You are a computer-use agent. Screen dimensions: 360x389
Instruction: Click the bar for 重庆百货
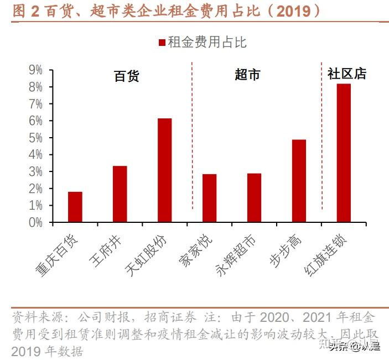point(75,207)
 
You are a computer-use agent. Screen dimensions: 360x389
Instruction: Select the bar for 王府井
point(120,194)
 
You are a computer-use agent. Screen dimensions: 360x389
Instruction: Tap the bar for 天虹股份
point(165,170)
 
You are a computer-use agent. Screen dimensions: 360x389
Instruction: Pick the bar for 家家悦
point(210,198)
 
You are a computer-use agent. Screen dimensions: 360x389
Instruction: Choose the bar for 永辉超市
point(254,197)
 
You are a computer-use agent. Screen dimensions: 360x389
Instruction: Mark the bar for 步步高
point(299,181)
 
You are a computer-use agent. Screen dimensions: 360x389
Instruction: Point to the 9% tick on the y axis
point(35,70)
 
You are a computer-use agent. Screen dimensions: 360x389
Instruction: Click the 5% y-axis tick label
point(35,138)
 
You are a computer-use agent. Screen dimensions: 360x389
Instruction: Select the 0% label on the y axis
point(35,222)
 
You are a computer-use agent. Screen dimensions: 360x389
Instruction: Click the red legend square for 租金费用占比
point(162,43)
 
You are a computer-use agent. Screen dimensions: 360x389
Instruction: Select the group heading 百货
point(127,76)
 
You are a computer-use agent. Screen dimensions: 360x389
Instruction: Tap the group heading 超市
point(247,75)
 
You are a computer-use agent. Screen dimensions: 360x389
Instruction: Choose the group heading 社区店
point(347,74)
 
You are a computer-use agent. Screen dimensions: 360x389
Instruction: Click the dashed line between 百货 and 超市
point(192,138)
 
